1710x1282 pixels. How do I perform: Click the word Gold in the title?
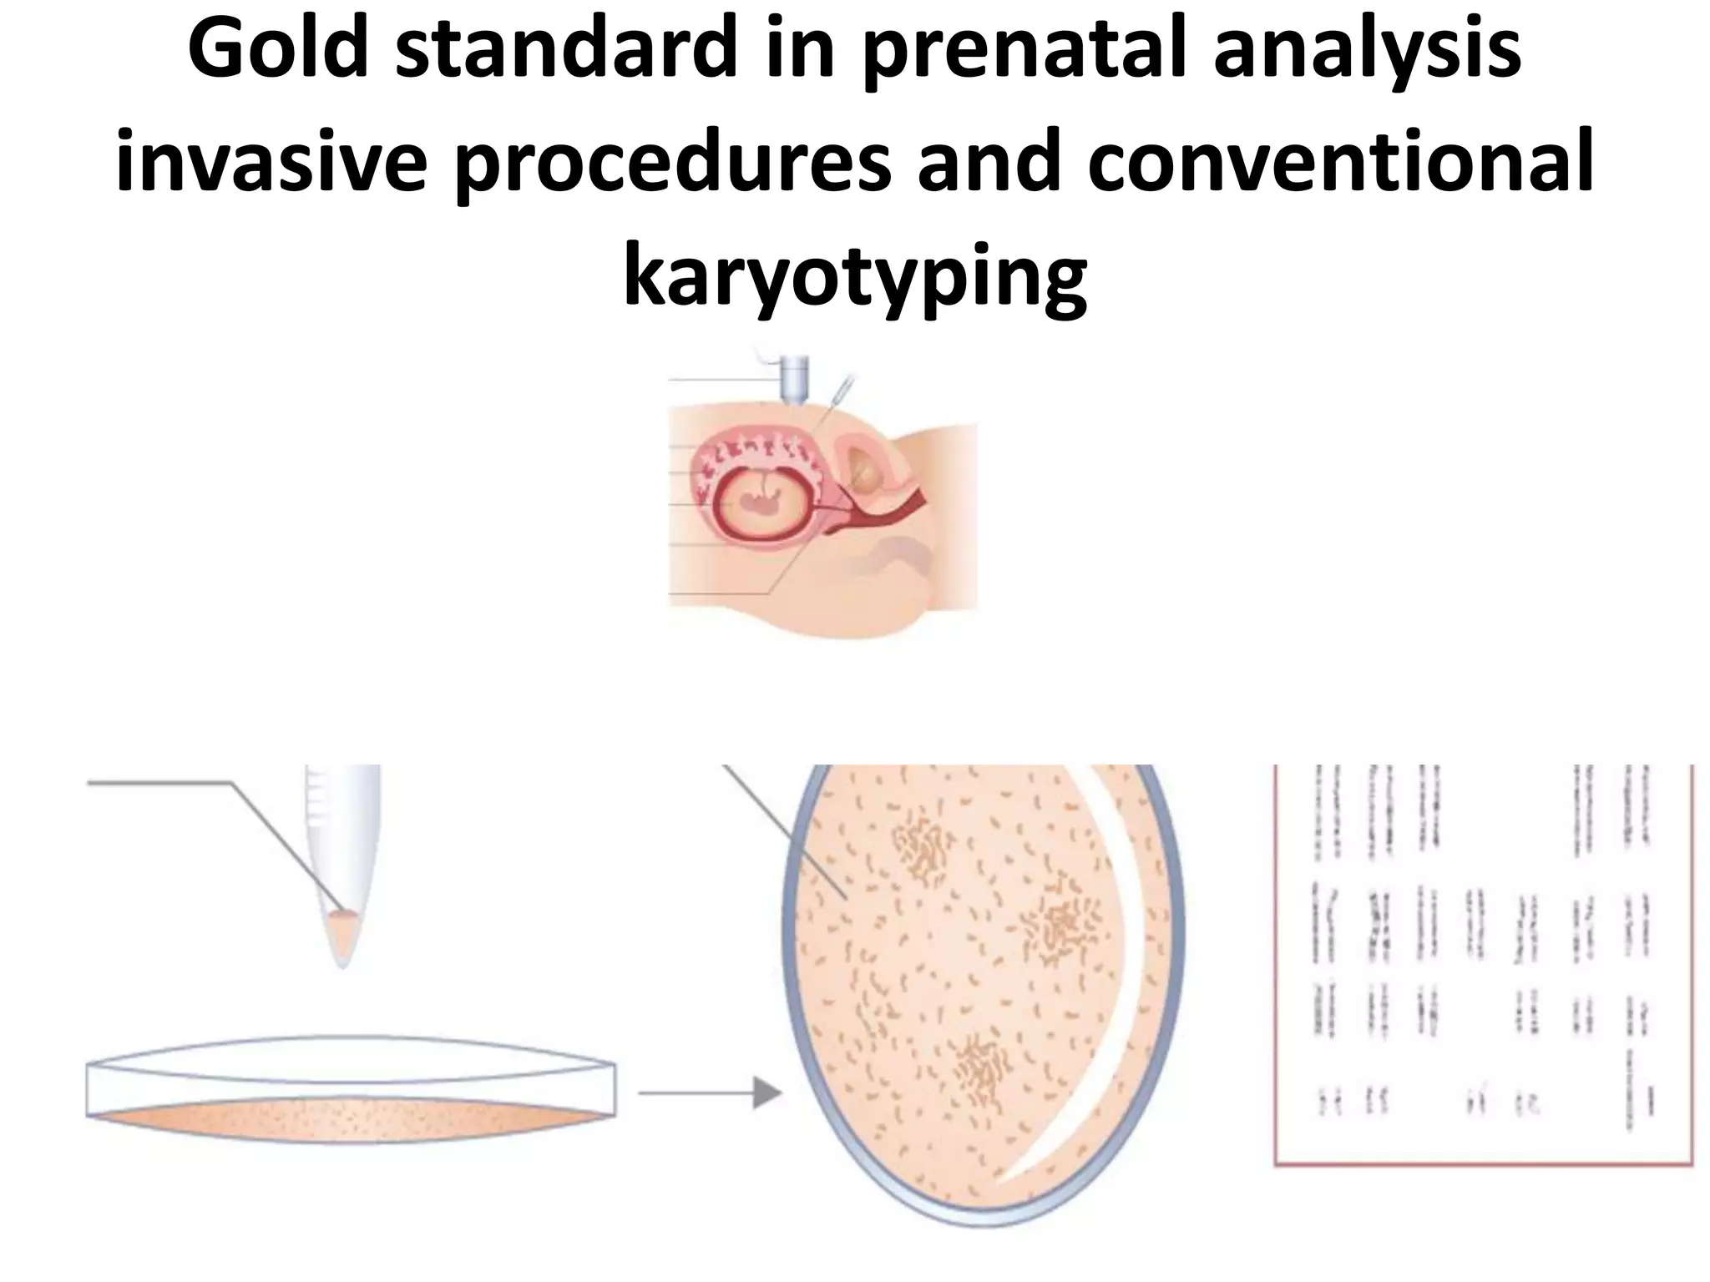(x=278, y=52)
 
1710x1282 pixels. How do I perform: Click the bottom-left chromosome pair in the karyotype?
(x=1327, y=1102)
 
